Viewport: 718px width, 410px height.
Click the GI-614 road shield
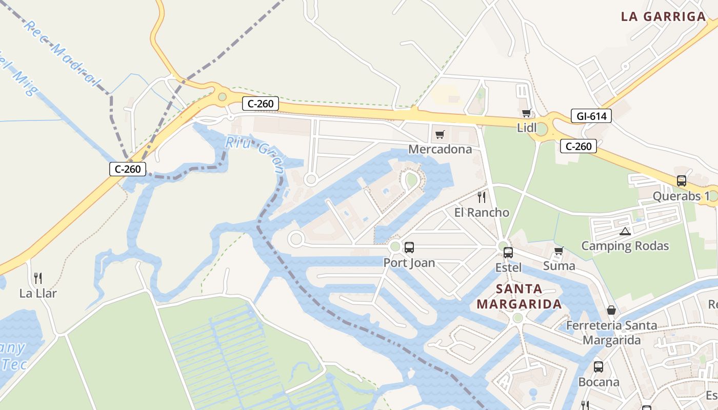(591, 116)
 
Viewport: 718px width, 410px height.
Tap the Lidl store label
(527, 128)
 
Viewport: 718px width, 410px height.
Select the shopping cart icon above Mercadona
(440, 135)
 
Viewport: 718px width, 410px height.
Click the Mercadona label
(440, 149)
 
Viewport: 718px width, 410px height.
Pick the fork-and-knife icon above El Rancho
(481, 197)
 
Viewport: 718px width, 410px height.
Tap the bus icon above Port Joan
(409, 248)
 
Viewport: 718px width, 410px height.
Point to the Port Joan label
(409, 263)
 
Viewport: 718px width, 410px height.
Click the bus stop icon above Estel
(508, 252)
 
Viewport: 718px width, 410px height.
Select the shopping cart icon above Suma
(559, 251)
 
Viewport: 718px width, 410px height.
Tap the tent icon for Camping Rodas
(625, 231)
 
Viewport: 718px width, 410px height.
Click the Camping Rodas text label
(625, 246)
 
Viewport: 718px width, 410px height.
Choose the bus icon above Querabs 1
(681, 181)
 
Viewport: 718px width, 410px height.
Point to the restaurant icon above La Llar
(38, 278)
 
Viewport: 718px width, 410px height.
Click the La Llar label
(38, 294)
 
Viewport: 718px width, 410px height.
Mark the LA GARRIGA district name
(663, 16)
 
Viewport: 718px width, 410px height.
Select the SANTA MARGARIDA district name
(519, 296)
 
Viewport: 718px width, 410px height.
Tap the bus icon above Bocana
(599, 367)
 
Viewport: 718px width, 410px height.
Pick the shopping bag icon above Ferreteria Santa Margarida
(611, 311)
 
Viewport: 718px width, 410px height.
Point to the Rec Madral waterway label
(62, 53)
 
